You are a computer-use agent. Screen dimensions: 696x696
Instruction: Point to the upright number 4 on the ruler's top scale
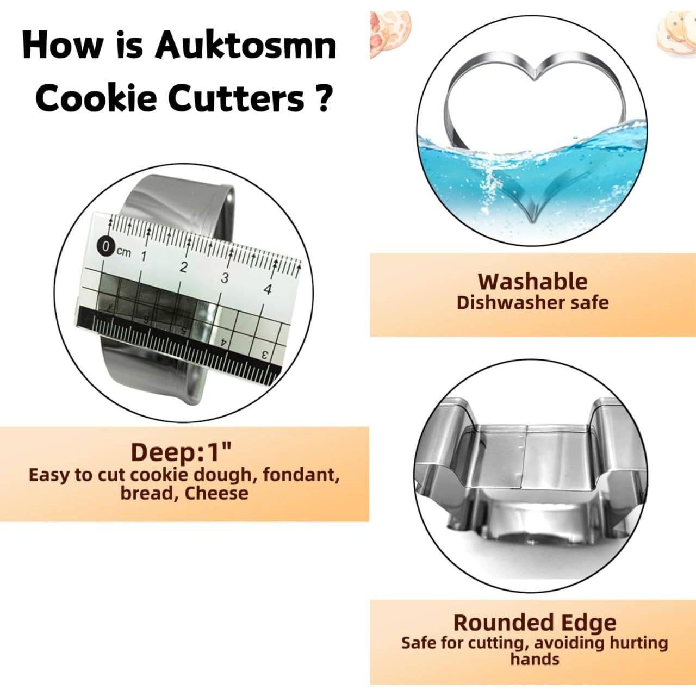[267, 289]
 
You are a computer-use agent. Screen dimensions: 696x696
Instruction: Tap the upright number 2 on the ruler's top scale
[183, 267]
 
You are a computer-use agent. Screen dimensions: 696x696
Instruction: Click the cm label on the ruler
[123, 252]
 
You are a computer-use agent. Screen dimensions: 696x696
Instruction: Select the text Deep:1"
[181, 452]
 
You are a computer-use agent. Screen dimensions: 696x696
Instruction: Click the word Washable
[532, 282]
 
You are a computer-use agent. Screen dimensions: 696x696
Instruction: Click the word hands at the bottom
[535, 660]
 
